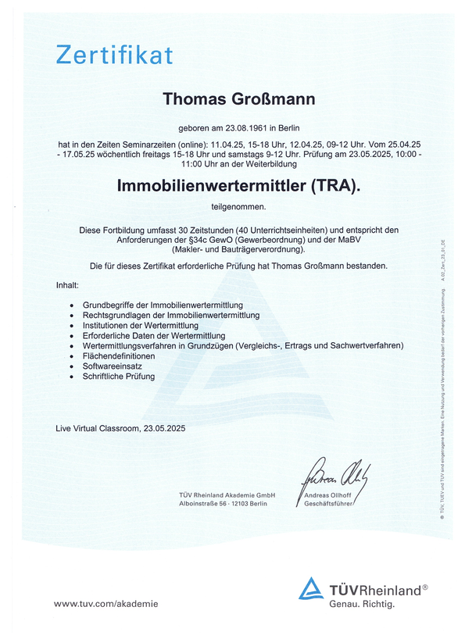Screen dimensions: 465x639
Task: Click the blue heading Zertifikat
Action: point(114,55)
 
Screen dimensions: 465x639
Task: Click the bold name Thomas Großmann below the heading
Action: point(238,99)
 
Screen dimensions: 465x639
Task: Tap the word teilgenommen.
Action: point(238,207)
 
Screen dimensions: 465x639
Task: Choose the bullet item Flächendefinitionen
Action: point(118,355)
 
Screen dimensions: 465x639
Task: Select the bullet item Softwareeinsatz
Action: point(111,366)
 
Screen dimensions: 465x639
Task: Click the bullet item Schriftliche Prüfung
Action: point(118,377)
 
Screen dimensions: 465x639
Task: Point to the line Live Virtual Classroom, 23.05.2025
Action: point(120,428)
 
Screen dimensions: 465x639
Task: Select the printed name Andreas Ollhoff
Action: point(327,495)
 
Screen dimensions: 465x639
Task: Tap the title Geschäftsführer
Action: point(325,505)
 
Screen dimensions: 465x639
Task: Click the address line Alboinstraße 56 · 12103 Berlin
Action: point(224,505)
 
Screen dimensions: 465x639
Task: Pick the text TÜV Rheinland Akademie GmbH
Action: point(227,495)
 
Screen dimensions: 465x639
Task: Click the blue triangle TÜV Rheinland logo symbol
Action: point(310,588)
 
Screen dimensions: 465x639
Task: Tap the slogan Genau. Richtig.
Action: point(361,604)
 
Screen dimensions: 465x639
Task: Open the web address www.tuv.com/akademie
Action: point(106,603)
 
